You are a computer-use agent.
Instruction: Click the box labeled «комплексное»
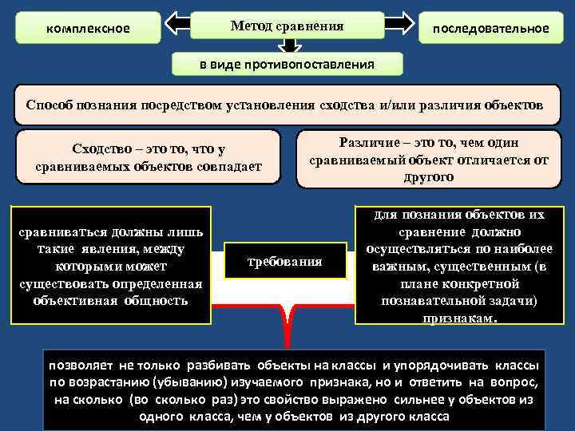pos(88,29)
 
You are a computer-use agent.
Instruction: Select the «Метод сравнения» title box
pos(287,26)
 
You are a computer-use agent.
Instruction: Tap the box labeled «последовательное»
pos(490,29)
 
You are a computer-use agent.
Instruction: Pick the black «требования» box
pos(285,261)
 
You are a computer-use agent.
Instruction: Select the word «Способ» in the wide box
pos(51,105)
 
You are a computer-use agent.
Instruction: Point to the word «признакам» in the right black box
pos(458,317)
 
